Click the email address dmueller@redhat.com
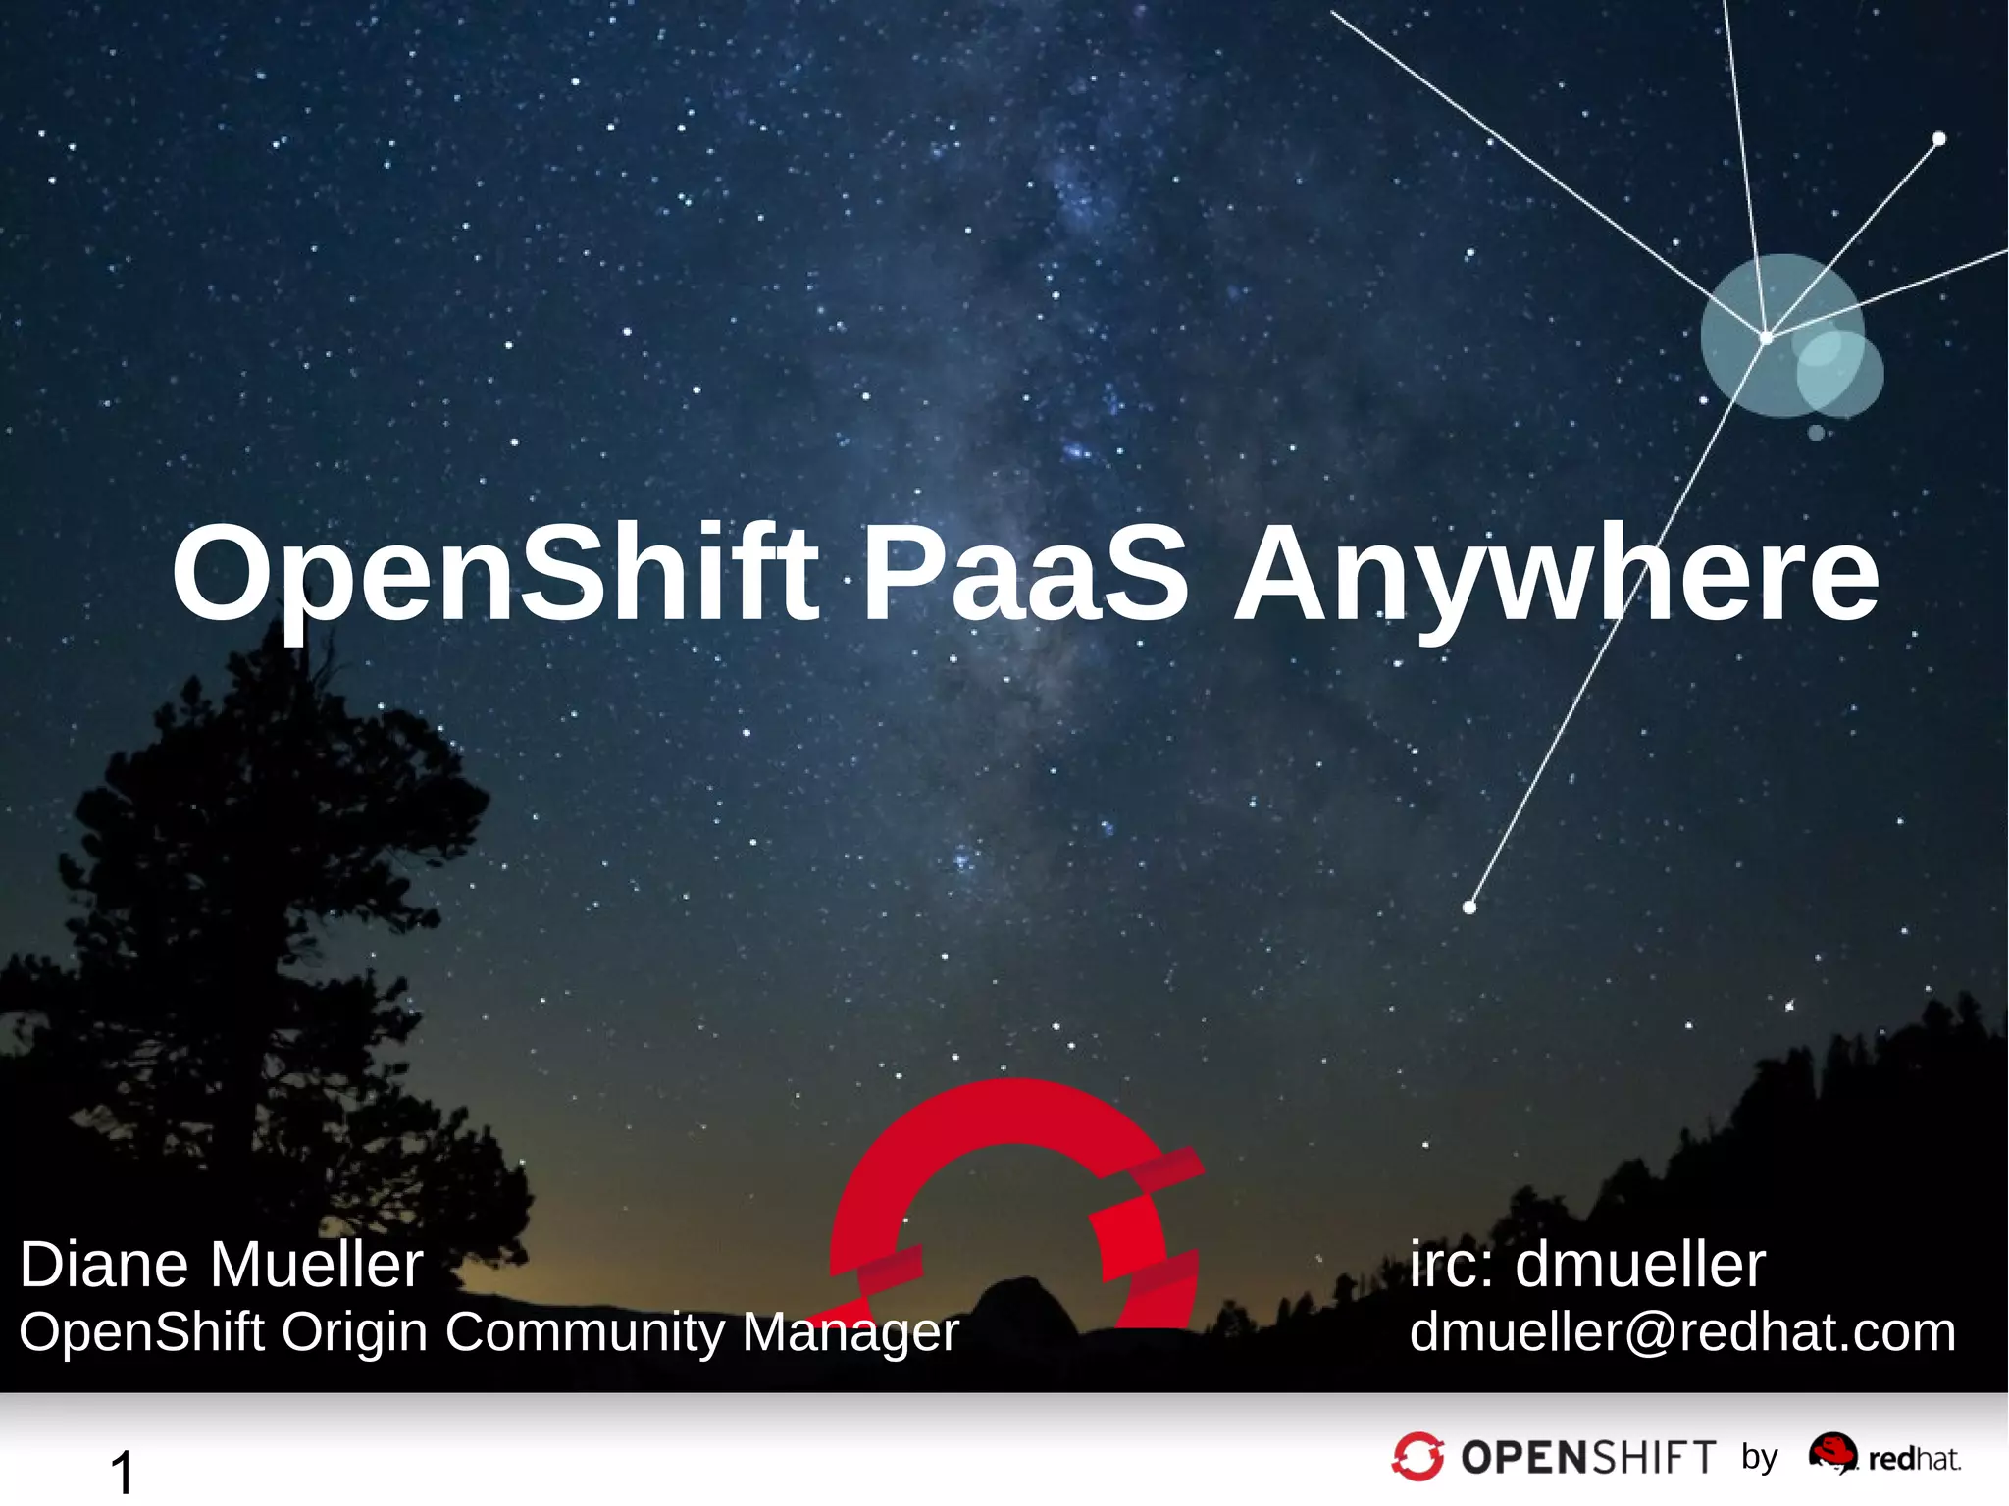coord(1682,1332)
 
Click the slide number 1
coord(123,1472)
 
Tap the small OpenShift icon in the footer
coord(1417,1456)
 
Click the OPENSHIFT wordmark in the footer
coord(1588,1457)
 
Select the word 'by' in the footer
coord(1760,1458)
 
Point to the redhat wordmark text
coord(1914,1460)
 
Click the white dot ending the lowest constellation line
coord(1469,908)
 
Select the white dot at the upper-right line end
coord(1938,139)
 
